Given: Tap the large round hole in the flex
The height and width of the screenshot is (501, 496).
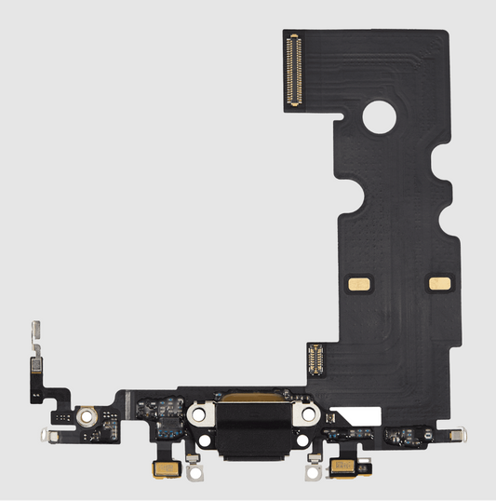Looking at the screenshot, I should [381, 116].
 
